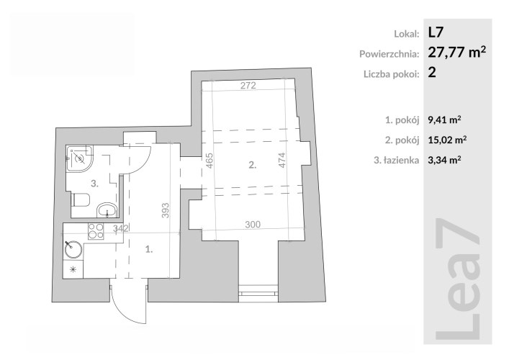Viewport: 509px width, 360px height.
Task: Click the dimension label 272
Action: [x=248, y=86]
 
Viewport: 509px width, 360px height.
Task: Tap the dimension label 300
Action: [x=253, y=225]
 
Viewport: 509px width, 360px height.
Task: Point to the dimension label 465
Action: [x=210, y=161]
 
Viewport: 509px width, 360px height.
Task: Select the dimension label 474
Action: [x=282, y=160]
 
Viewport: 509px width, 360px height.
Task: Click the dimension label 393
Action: [x=166, y=210]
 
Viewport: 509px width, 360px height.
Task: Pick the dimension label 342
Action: [x=121, y=228]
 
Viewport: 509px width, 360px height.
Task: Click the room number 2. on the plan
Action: [x=252, y=165]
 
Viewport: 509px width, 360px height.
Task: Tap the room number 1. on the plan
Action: [x=149, y=249]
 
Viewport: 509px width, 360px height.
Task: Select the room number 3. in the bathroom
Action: [x=94, y=184]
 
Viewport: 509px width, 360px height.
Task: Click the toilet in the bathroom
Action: [x=81, y=200]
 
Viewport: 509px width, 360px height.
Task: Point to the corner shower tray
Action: [x=80, y=158]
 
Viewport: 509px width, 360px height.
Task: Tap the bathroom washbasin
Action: [x=107, y=210]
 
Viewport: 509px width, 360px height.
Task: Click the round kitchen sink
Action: [x=73, y=250]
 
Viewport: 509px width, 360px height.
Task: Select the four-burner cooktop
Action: [x=96, y=231]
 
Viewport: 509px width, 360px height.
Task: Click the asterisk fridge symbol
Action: [x=73, y=269]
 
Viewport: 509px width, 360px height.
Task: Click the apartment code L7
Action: [x=436, y=32]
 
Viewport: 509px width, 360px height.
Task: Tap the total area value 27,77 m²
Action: [x=457, y=52]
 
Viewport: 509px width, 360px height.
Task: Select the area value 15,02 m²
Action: [x=447, y=140]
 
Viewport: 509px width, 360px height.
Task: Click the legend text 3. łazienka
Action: [x=397, y=160]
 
